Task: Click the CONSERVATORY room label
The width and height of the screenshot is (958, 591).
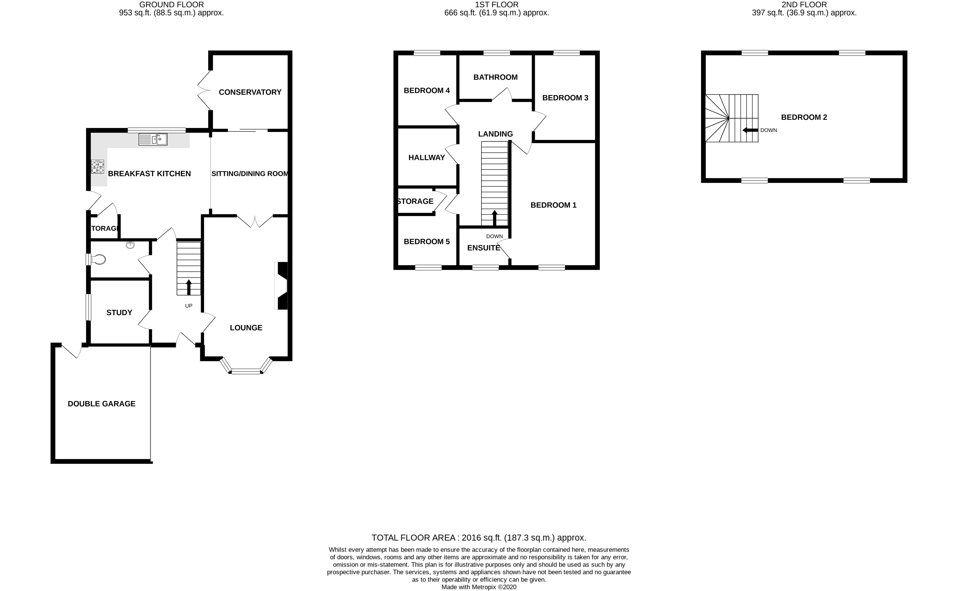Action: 250,92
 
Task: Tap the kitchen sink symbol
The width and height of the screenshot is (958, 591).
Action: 153,139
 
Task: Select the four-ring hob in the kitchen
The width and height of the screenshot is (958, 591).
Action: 97,167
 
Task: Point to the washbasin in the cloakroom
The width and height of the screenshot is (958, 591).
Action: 130,245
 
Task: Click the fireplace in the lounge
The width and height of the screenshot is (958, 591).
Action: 282,286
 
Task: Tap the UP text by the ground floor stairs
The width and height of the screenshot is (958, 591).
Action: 188,306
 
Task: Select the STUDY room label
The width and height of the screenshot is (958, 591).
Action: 119,312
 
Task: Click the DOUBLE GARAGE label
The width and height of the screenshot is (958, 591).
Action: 102,404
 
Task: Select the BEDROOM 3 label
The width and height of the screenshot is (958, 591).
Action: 565,98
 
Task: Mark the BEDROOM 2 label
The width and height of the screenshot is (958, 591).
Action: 804,117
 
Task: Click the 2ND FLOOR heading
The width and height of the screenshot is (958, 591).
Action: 804,5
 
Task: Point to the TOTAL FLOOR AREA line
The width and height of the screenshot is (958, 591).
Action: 479,537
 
